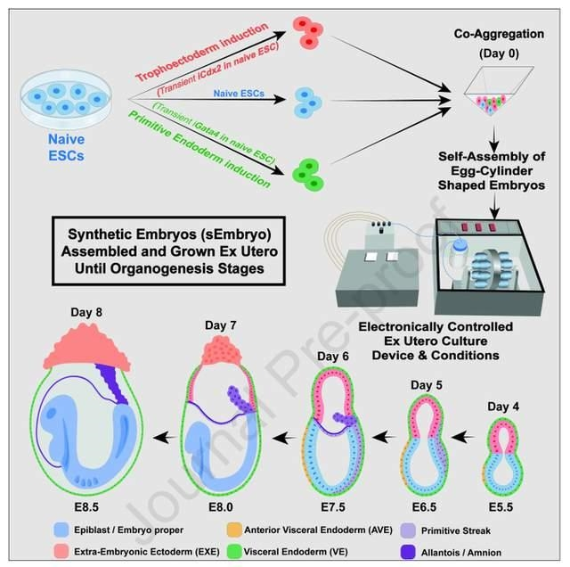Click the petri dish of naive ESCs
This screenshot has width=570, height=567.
point(65,99)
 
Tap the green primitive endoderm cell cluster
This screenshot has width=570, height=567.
point(308,175)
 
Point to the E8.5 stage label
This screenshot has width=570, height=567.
point(86,507)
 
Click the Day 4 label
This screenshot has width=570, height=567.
point(503,407)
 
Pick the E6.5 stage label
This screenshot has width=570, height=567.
point(424,507)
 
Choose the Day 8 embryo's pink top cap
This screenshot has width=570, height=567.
point(87,347)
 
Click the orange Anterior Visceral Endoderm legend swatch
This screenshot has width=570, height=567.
point(234,530)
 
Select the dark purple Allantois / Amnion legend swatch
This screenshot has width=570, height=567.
point(408,552)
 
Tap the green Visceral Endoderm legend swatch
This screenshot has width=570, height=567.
point(234,552)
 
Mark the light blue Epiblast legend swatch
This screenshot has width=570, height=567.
point(61,530)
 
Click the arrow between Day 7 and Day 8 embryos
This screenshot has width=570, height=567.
point(166,438)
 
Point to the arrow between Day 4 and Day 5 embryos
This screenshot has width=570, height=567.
point(463,437)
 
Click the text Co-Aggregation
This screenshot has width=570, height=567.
point(499,34)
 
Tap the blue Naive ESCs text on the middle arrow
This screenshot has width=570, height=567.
point(239,94)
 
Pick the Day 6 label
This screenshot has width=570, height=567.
point(333,357)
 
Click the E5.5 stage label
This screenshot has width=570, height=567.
point(501,507)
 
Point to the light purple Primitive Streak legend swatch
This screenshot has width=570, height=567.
point(408,530)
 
